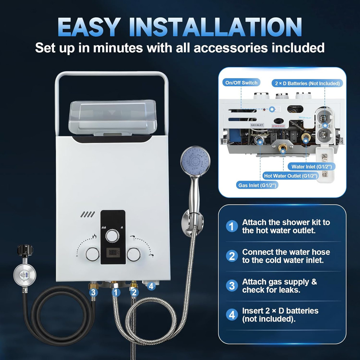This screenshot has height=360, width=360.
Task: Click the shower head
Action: [195, 163]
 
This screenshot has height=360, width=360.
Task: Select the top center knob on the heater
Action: [113, 237]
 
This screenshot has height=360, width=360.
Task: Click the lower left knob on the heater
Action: [93, 255]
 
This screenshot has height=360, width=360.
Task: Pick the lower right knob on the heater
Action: [134, 255]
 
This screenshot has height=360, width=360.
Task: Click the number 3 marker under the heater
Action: [94, 292]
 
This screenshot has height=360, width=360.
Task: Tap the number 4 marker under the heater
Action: [151, 286]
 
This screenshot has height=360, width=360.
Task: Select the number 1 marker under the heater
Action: [116, 292]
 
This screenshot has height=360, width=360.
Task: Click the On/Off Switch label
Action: [241, 83]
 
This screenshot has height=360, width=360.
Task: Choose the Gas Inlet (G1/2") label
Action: [258, 185]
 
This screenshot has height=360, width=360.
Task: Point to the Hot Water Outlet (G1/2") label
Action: [291, 176]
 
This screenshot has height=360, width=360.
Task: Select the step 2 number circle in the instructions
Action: [232, 256]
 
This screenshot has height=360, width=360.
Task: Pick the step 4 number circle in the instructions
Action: [232, 315]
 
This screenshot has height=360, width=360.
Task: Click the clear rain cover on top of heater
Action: [112, 117]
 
